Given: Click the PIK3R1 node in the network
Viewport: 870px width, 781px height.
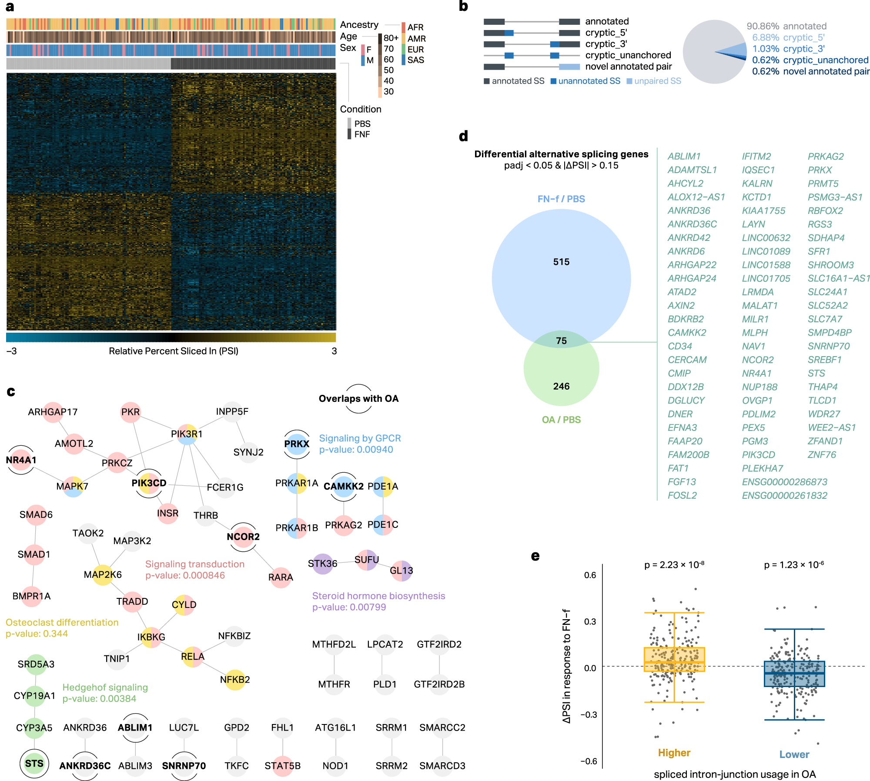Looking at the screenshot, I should click(x=187, y=434).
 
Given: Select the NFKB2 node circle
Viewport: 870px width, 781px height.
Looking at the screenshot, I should click(x=235, y=680).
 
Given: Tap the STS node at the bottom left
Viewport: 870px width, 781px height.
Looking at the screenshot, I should click(x=34, y=764).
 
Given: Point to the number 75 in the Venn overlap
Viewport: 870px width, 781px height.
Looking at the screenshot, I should click(x=561, y=341).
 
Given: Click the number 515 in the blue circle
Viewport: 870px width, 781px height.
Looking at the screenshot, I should click(x=561, y=262).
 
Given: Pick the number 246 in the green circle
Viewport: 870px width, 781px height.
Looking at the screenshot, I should click(x=561, y=386).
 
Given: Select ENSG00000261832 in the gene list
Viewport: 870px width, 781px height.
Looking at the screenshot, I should click(x=784, y=495).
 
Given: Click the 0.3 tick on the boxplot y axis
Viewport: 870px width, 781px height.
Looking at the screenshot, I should click(x=590, y=621).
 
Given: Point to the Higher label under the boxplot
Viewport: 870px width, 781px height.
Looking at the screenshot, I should click(x=674, y=753).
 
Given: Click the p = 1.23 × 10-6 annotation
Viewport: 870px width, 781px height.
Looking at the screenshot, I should click(x=794, y=565).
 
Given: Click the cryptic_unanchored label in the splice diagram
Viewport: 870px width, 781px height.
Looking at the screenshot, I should click(x=628, y=55).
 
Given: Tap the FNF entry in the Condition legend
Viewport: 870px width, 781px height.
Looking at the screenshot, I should click(x=362, y=134).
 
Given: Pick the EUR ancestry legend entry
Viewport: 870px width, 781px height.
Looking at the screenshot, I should click(x=415, y=50).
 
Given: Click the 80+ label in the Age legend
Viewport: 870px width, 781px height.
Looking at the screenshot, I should click(x=391, y=38).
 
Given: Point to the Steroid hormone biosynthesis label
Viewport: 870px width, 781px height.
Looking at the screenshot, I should click(x=378, y=596).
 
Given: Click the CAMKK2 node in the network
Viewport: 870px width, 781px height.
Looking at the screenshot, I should click(x=343, y=486).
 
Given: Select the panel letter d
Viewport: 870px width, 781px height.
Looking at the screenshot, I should click(x=463, y=137).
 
